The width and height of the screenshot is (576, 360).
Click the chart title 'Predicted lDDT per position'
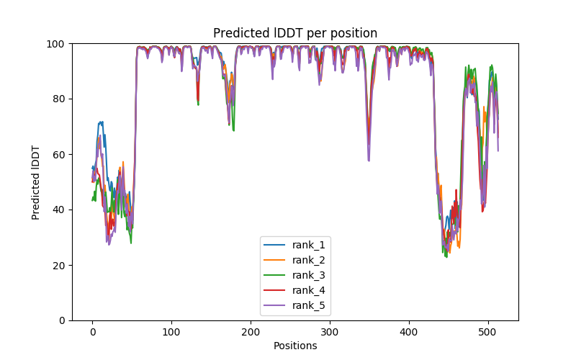click(x=295, y=33)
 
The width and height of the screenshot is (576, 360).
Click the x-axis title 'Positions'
click(x=295, y=346)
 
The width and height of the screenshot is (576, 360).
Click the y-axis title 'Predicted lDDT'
click(x=36, y=182)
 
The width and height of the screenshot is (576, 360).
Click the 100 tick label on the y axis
click(x=58, y=44)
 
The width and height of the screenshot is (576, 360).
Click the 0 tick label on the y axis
click(x=63, y=320)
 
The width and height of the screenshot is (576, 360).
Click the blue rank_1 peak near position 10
click(x=101, y=122)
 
